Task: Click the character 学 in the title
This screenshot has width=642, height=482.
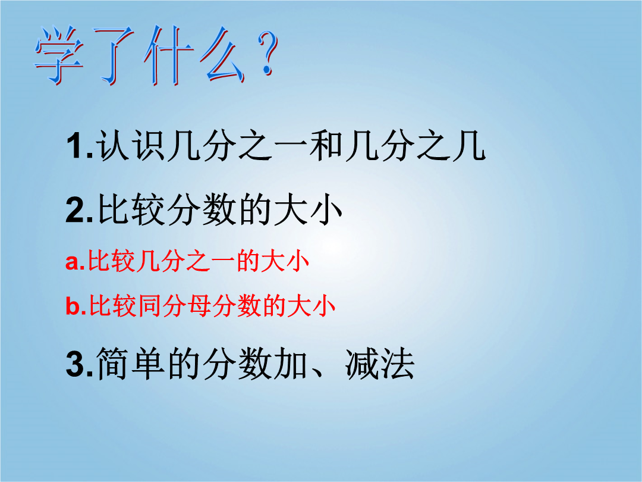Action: [x=59, y=55]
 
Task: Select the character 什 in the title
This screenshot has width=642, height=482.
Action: [x=168, y=55]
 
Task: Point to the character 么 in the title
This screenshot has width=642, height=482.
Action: [x=223, y=55]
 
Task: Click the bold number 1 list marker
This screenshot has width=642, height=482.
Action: [x=76, y=146]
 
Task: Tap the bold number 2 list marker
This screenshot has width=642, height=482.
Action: [x=75, y=210]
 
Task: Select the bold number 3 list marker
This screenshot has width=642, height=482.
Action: [x=75, y=364]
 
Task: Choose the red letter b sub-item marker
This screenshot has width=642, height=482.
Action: [x=73, y=305]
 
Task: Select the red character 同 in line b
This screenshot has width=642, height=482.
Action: [x=149, y=306]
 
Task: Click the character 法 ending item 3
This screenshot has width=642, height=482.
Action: [x=398, y=364]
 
